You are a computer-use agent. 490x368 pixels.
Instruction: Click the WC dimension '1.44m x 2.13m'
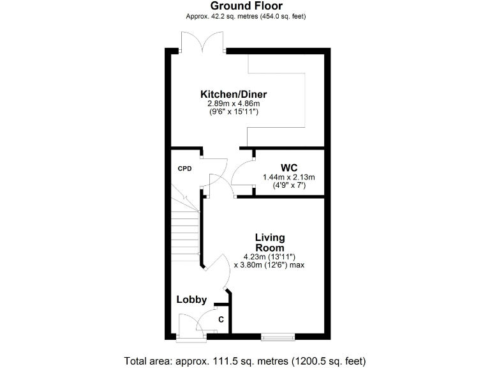click(x=285, y=177)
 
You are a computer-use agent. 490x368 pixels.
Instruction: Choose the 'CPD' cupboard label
click(x=184, y=169)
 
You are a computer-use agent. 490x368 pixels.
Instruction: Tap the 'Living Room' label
click(x=269, y=243)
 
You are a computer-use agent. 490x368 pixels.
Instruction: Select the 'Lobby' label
click(x=191, y=299)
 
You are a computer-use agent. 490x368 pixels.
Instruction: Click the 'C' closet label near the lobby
click(x=221, y=319)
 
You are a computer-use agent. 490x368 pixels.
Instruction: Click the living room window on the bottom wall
click(x=278, y=335)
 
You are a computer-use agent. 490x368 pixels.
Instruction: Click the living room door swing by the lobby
click(x=221, y=268)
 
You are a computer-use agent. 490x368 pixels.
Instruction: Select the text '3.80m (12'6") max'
click(x=269, y=264)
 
